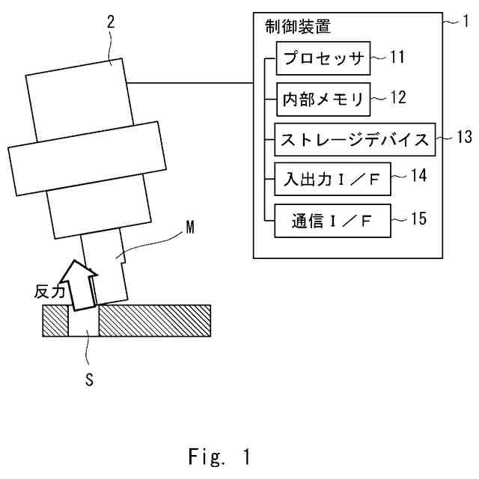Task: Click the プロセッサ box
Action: click(323, 58)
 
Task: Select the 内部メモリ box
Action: click(323, 99)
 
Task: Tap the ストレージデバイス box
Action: click(355, 138)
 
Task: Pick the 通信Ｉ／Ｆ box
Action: click(331, 221)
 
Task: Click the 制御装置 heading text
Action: click(298, 27)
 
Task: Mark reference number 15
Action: click(418, 219)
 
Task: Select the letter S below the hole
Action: click(88, 379)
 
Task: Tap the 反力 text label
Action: click(46, 292)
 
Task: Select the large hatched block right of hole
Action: click(154, 320)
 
